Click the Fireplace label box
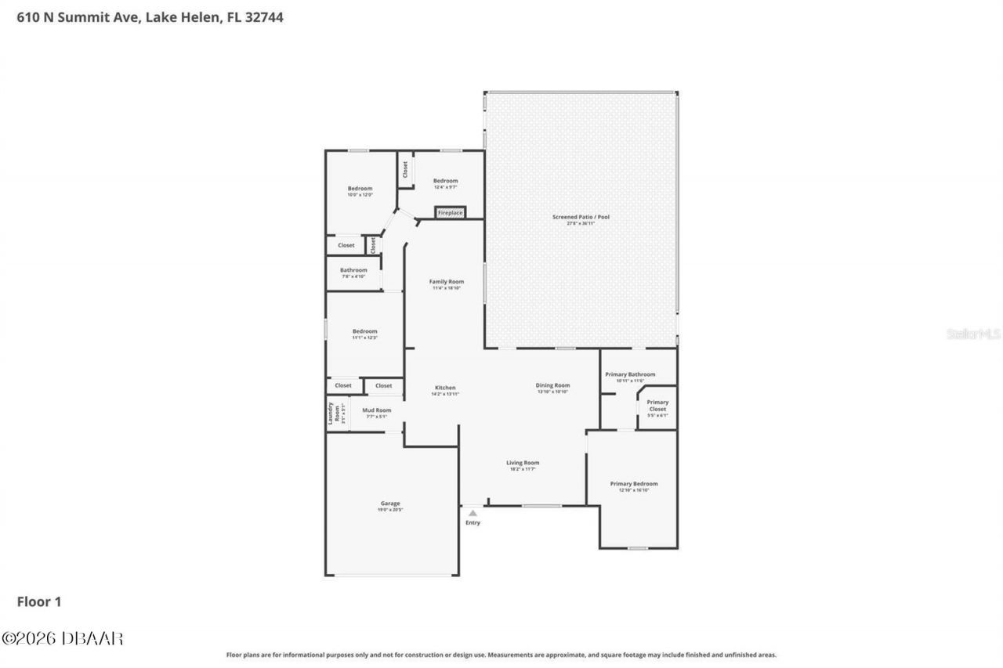(450, 213)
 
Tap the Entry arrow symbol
(473, 513)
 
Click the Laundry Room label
(332, 413)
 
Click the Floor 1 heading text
(39, 601)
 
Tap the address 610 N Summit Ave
(78, 17)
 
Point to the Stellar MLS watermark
(973, 334)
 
